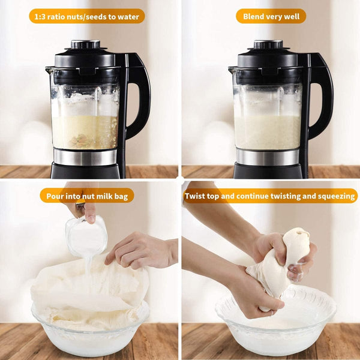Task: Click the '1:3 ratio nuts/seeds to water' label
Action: [87, 16]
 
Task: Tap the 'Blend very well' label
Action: [271, 16]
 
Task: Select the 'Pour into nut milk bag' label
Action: [87, 196]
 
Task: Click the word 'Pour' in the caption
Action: [56, 196]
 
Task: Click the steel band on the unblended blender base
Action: [85, 157]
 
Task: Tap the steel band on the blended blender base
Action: [267, 157]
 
